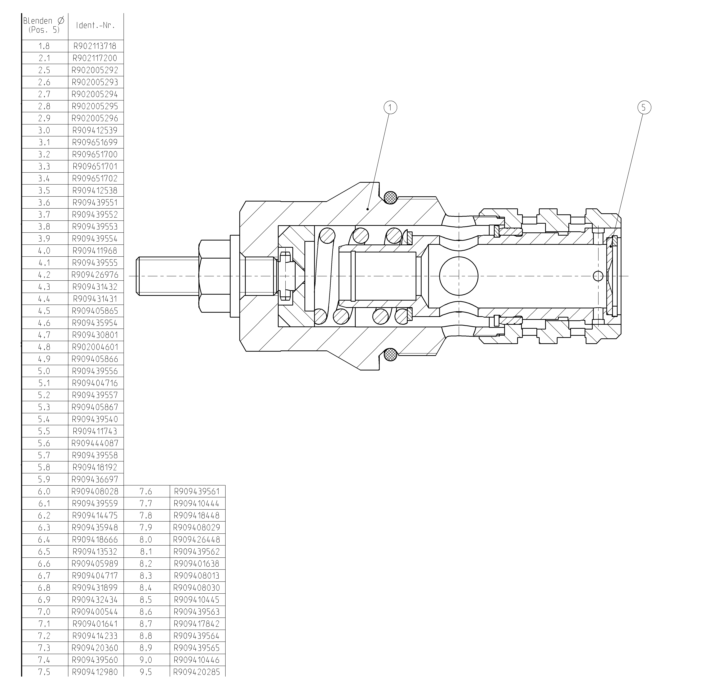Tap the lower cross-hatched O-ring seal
tap(391, 354)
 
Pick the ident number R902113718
tap(95, 46)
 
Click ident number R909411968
tap(95, 251)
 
